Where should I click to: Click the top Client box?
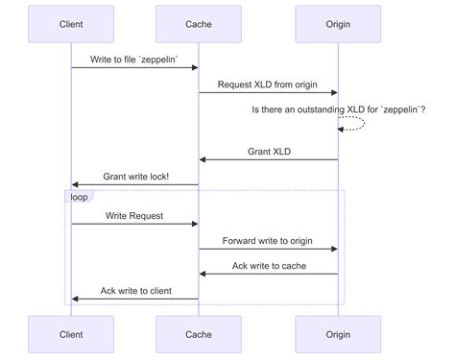pos(70,23)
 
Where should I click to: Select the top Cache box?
pos(199,23)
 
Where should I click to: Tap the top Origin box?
pos(338,23)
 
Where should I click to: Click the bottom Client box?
pos(70,335)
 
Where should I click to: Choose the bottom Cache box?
pos(199,335)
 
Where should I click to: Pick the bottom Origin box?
pos(338,335)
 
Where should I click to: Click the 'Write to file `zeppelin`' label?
pos(134,60)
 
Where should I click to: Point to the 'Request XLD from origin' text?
pos(268,84)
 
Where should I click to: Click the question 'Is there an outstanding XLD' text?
pos(338,110)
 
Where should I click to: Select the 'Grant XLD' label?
pos(268,151)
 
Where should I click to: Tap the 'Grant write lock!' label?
pos(134,176)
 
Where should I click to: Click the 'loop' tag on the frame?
pos(79,197)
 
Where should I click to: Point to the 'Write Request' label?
pos(134,216)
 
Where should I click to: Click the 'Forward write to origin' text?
pos(268,241)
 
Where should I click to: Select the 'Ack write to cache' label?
pos(268,266)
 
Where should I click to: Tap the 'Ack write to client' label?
pos(134,291)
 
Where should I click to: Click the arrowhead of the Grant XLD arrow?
pos(204,159)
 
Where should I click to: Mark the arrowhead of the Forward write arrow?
pos(333,249)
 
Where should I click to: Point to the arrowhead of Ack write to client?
pos(75,299)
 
